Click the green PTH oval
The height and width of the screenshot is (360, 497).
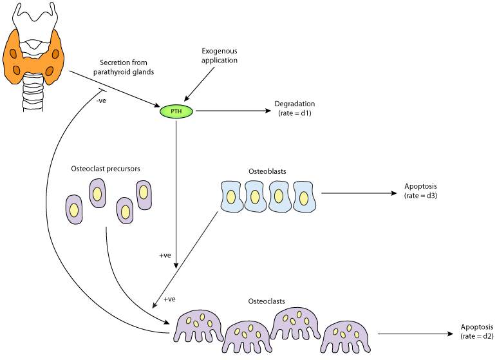(176, 111)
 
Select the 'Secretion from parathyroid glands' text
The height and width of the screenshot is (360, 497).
(127, 67)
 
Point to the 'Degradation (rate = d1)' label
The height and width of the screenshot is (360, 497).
(294, 108)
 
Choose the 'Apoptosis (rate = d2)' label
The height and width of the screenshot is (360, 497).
(477, 331)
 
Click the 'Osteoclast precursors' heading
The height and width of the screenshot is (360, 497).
(106, 169)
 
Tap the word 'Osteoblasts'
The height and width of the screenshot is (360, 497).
(267, 172)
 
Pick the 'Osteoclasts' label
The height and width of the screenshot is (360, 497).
(267, 301)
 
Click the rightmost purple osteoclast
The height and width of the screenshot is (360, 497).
(346, 333)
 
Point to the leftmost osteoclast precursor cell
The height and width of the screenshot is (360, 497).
(75, 209)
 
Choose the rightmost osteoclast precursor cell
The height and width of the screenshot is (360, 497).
(144, 194)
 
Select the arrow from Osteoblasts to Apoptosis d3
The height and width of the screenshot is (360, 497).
(357, 193)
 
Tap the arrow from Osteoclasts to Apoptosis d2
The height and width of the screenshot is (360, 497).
(415, 334)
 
